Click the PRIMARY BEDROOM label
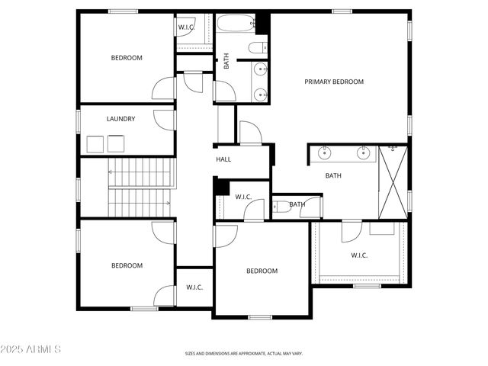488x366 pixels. click(x=334, y=82)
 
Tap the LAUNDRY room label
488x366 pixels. click(x=121, y=119)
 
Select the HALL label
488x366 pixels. click(x=223, y=159)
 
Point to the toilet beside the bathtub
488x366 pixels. click(x=257, y=49)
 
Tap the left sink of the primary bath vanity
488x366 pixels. click(x=326, y=153)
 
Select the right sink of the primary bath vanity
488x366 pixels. click(x=363, y=153)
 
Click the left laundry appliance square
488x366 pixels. click(x=95, y=144)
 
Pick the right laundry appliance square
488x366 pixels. click(x=116, y=144)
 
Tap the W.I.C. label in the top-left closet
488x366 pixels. click(x=187, y=28)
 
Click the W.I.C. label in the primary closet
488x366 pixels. click(x=359, y=255)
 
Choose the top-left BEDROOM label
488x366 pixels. click(x=127, y=58)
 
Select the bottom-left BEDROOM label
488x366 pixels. click(x=127, y=265)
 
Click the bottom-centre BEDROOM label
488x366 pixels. click(x=262, y=271)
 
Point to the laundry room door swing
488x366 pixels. click(x=163, y=119)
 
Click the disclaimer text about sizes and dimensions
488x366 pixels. click(x=244, y=354)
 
